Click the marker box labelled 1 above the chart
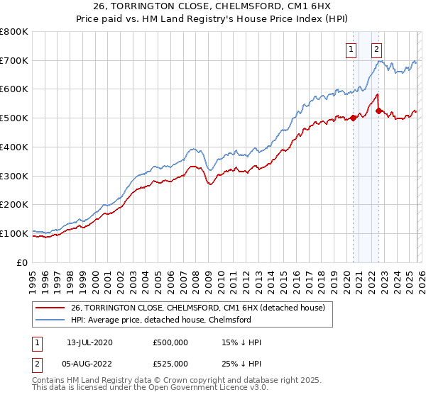(351, 50)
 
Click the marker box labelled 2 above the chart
(376, 50)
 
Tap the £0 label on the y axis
(23, 262)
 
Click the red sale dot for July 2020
(353, 118)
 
